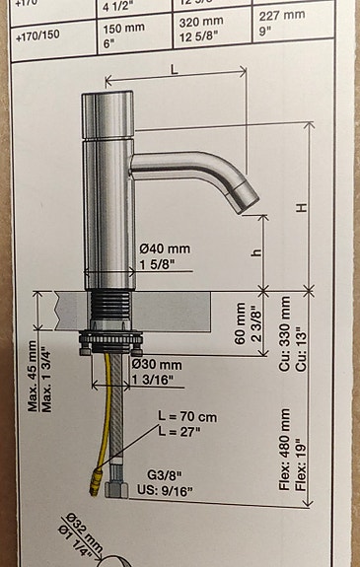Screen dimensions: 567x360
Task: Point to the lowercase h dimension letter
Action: pos(256,252)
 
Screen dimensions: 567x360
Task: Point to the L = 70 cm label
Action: pos(187,417)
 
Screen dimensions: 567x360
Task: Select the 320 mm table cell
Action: pos(203,31)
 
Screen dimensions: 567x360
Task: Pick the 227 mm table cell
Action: pos(281,15)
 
